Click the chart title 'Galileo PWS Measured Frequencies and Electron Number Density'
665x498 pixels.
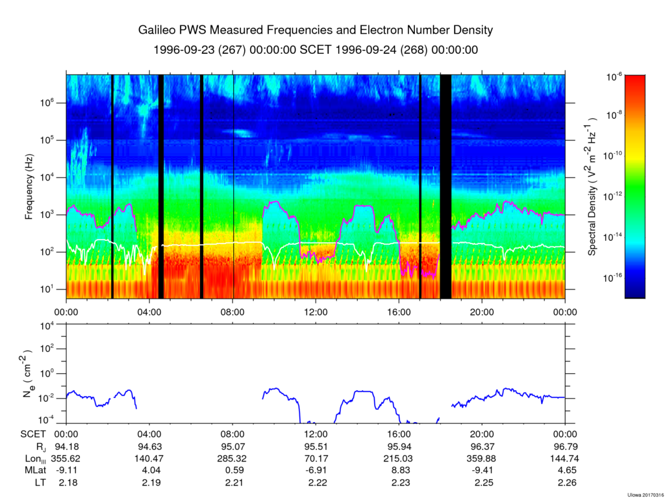point(316,31)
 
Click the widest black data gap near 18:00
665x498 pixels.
point(445,186)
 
